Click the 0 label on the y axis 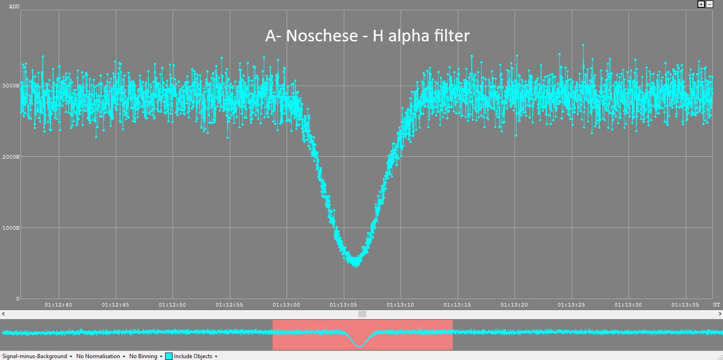18,299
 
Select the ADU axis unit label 14,7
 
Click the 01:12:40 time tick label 59,305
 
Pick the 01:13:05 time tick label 343,305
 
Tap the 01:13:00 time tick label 287,305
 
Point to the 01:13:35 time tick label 685,305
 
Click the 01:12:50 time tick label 173,305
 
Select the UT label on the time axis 716,305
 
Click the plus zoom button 701,4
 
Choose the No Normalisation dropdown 100,356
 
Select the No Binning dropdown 146,356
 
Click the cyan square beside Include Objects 169,356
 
